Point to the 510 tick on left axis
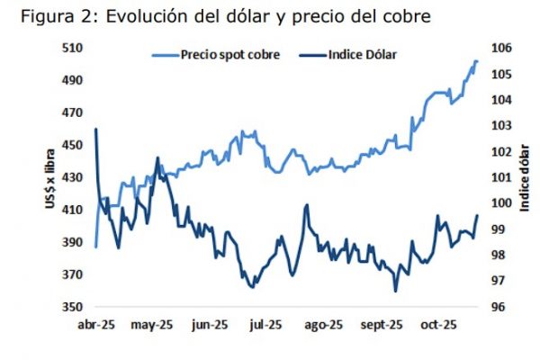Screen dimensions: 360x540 [71, 48]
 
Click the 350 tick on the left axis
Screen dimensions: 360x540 [71, 307]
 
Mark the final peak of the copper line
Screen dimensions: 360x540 [476, 60]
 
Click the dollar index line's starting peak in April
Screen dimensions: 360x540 [95, 129]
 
